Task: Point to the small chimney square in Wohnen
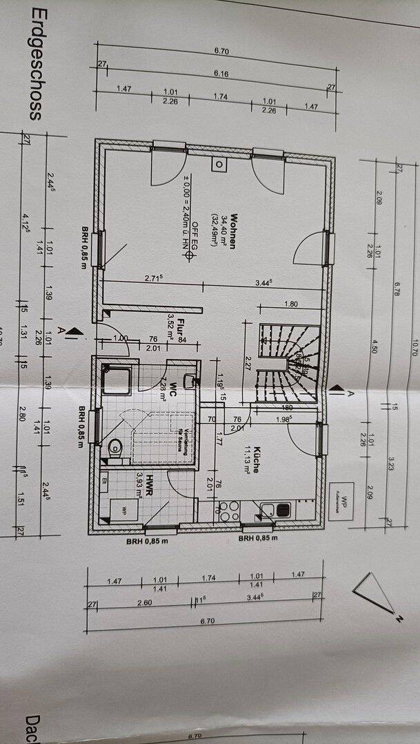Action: [x=219, y=165]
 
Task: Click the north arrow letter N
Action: [x=398, y=618]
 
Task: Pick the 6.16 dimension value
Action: [x=221, y=74]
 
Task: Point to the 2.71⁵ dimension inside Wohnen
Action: [x=153, y=278]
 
